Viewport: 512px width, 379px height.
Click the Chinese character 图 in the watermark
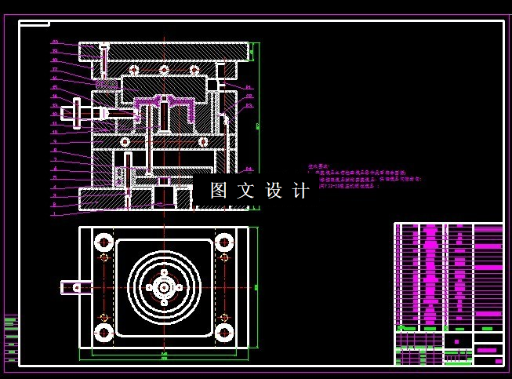[x=219, y=191]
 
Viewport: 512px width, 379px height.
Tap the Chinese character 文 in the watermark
[x=246, y=191]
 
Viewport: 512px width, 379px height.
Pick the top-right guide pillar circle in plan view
[x=224, y=242]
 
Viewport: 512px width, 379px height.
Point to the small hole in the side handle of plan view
[x=76, y=288]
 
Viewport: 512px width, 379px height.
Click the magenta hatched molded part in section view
[x=165, y=103]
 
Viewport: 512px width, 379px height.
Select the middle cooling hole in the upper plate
[x=164, y=71]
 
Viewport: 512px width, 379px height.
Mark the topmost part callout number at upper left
[x=55, y=42]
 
